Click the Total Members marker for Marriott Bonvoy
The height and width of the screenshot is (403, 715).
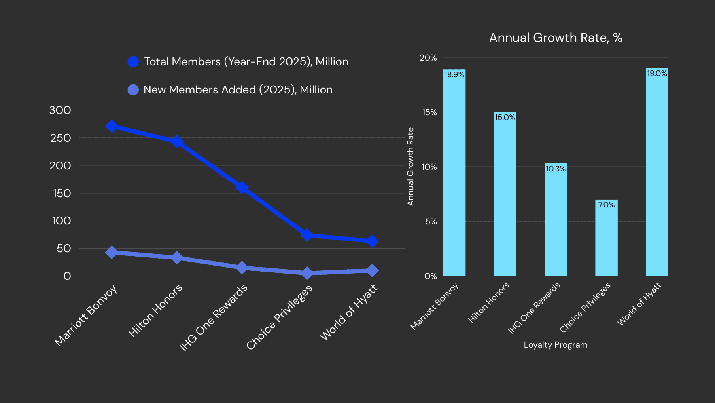(112, 126)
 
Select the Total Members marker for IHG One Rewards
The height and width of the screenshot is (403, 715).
(242, 187)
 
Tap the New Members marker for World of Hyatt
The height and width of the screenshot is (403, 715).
(372, 270)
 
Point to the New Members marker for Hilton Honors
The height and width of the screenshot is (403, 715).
(177, 258)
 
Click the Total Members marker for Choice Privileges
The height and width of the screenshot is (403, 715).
(306, 235)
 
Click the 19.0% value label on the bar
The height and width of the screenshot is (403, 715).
(657, 73)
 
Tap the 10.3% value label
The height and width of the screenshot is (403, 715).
(556, 169)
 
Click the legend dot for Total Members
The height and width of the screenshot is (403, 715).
(133, 62)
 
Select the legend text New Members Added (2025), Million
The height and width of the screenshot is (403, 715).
(238, 90)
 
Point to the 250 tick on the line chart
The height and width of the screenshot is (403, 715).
(61, 138)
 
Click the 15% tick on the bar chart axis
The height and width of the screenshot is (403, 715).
(429, 112)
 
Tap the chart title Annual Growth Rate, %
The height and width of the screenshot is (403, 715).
(556, 38)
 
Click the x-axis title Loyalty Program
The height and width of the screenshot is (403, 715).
(556, 345)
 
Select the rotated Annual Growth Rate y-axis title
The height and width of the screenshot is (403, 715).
(410, 166)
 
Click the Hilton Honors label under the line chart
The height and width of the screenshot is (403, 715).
(155, 311)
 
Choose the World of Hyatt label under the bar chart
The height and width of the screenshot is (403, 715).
(639, 304)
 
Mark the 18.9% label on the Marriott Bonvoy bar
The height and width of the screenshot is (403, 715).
(454, 74)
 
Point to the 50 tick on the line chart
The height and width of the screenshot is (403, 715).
(64, 248)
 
